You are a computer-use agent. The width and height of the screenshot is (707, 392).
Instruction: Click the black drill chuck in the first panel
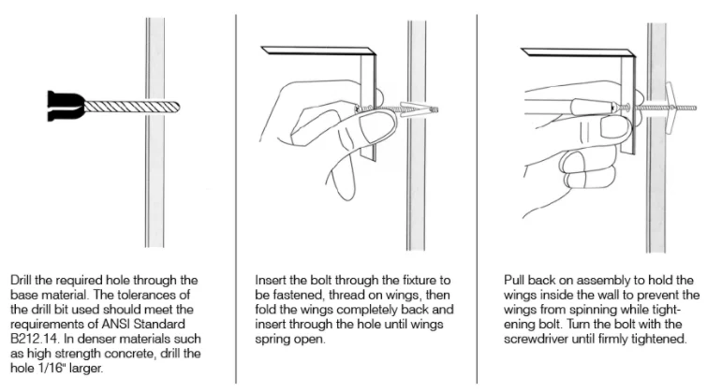coord(66,106)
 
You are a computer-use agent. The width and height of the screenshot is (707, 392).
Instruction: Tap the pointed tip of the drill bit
coord(180,107)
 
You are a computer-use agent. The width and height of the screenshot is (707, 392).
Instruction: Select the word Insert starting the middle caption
coord(270,281)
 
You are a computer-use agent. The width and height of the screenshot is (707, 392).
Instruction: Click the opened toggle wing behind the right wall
coord(670,108)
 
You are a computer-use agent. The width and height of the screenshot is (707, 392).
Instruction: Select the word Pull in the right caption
coord(514,281)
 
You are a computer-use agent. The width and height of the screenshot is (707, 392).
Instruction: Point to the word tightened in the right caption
coord(662,339)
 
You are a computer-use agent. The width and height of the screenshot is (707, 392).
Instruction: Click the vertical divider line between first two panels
coord(236,198)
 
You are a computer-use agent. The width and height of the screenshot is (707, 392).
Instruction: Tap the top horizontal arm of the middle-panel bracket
coord(318,50)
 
